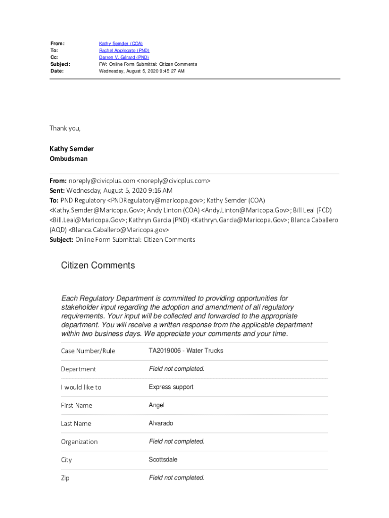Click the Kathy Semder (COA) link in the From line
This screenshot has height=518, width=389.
[121, 44]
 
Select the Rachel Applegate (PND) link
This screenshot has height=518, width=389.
[124, 51]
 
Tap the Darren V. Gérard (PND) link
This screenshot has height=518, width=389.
[124, 58]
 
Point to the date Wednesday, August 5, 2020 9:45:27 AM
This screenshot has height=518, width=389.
[141, 71]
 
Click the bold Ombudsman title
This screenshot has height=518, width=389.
[68, 159]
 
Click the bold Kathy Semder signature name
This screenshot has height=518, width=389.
[71, 149]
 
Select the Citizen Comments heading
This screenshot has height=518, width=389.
[98, 266]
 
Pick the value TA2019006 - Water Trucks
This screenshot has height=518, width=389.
[185, 351]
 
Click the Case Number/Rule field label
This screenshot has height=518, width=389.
[88, 351]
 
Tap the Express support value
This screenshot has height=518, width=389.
[171, 387]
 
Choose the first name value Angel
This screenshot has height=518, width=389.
[156, 405]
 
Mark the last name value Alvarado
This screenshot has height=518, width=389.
[161, 423]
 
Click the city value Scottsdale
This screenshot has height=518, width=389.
[163, 460]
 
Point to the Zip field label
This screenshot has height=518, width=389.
[65, 478]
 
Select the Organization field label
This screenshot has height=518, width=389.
[79, 442]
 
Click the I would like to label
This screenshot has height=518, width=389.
[81, 387]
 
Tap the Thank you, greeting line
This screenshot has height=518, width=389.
[65, 128]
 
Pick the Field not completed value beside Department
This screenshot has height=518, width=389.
[176, 369]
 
